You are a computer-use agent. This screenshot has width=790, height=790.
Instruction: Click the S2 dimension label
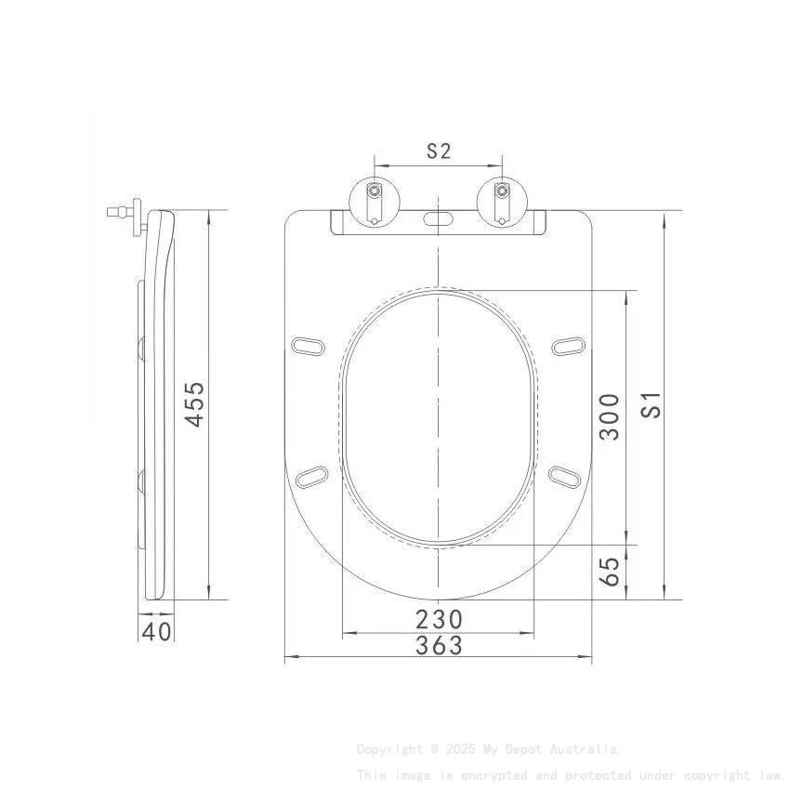point(439,151)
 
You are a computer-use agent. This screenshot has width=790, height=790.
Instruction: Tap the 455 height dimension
point(194,404)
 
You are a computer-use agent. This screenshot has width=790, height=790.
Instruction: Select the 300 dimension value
point(609,416)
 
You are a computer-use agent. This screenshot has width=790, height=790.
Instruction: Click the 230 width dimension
point(439,619)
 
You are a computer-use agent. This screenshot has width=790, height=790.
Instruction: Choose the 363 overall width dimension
point(439,645)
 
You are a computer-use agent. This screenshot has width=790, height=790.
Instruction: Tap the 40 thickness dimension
point(157,631)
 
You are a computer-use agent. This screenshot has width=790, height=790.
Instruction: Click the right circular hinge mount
point(502,198)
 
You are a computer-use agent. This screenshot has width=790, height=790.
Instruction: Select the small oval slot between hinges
point(438,220)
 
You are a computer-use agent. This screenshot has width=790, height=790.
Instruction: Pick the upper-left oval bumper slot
point(309,346)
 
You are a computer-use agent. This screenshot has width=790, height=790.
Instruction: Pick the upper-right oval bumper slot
point(567,346)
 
